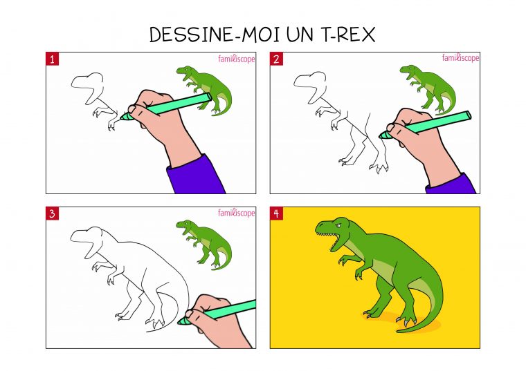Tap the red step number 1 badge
coord(52,59)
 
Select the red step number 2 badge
coord(276,59)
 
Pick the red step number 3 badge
coord(52,213)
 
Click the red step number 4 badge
coord(276,213)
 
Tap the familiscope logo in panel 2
coord(460,59)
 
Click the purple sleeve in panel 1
coord(196,177)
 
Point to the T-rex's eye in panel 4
coord(339,226)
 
